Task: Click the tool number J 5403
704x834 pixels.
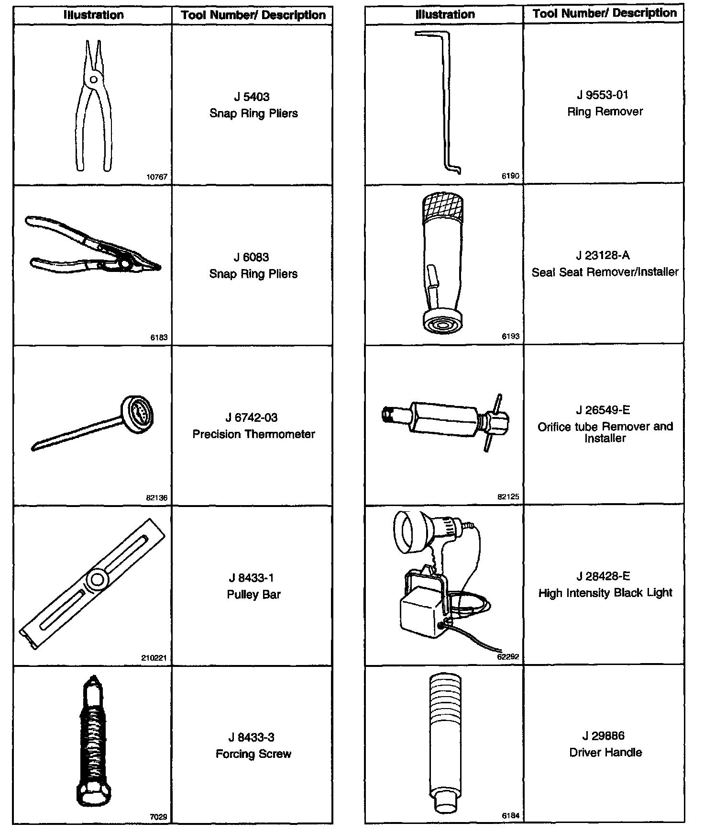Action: click(x=252, y=97)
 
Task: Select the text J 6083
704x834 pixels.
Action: click(x=252, y=257)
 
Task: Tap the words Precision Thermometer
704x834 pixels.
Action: click(x=253, y=434)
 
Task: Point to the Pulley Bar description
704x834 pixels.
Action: click(x=253, y=595)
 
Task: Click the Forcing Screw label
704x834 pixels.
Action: click(x=253, y=754)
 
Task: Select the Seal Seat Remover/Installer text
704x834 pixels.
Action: click(x=605, y=272)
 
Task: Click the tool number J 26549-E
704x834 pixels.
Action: click(x=603, y=410)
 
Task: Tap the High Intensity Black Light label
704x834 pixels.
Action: click(x=605, y=593)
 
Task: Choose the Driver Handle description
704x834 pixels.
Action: click(x=605, y=752)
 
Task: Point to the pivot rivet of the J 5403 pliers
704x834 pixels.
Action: click(x=94, y=79)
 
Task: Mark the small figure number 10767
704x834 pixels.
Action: click(x=157, y=177)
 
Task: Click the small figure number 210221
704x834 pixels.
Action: click(x=154, y=658)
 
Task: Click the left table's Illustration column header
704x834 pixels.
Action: click(x=94, y=15)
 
